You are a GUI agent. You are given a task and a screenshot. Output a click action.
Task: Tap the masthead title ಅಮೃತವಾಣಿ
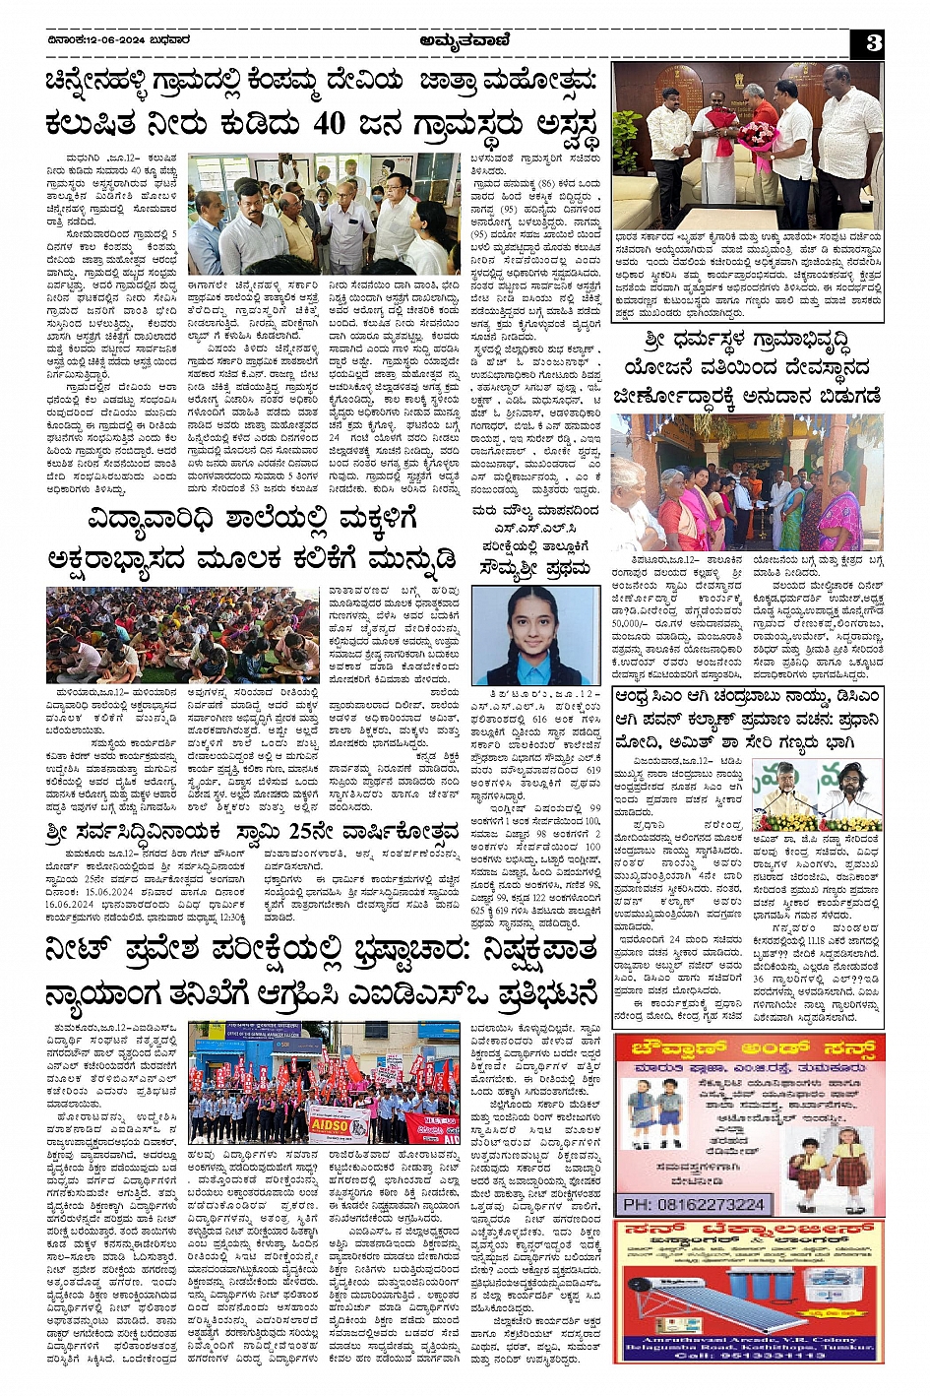click(x=463, y=40)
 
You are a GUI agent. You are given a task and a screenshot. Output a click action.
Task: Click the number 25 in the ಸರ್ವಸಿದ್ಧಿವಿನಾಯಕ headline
click(x=302, y=832)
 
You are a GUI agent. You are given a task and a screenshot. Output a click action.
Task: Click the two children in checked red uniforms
click(x=828, y=1161)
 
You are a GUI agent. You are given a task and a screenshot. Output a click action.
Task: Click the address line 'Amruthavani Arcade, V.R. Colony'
click(x=748, y=1340)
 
